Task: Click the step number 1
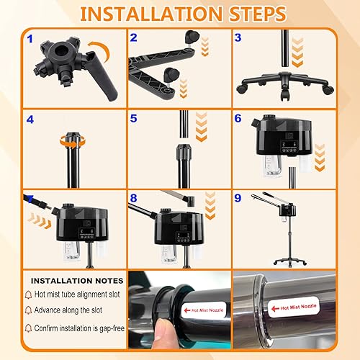[x=30, y=39]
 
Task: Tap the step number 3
[x=238, y=37]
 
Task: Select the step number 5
[x=133, y=118]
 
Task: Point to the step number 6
[x=238, y=118]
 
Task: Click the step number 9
[x=238, y=198]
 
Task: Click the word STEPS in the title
[x=258, y=14]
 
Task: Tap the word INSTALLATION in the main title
[x=151, y=14]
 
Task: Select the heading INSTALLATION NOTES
[x=77, y=281]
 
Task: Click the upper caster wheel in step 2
[x=192, y=37]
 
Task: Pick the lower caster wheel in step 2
[x=170, y=75]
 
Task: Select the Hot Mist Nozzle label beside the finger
[x=204, y=310]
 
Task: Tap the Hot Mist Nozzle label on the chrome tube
[x=294, y=307]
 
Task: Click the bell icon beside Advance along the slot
[x=28, y=310]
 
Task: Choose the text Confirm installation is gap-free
[x=79, y=328]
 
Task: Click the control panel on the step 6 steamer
[x=289, y=147]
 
